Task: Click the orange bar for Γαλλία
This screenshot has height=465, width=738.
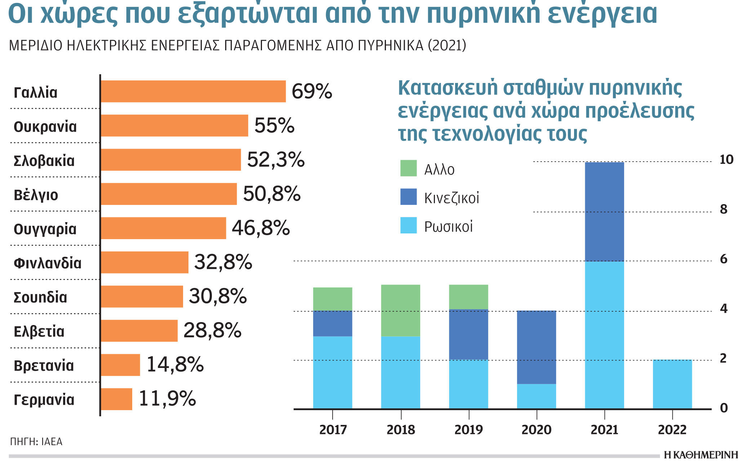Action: (193, 91)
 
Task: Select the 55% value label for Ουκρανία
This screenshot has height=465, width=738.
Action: (274, 126)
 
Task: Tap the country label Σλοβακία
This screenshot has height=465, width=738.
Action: (44, 161)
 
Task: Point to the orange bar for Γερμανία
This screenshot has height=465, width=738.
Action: (116, 399)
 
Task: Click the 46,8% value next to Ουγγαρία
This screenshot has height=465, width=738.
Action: (261, 228)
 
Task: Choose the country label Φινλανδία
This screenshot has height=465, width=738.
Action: (47, 263)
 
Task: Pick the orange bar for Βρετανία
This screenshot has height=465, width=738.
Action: (120, 365)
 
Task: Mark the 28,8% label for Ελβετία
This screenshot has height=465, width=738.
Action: (212, 330)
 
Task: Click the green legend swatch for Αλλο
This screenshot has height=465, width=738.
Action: (408, 168)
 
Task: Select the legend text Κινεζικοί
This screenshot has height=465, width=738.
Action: (452, 198)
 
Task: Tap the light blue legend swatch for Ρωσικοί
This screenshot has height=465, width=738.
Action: (408, 225)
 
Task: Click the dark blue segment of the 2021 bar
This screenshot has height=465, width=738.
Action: (604, 212)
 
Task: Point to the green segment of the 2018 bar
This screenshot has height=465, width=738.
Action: (400, 310)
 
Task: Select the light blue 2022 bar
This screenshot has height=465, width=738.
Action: (672, 384)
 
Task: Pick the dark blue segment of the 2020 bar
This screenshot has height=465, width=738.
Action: (536, 347)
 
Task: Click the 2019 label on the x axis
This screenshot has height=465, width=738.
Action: (468, 430)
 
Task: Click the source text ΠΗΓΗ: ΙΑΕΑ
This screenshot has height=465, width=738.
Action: (36, 442)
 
